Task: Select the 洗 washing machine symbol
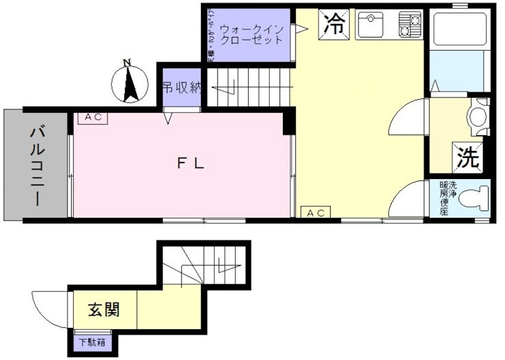click(x=468, y=158)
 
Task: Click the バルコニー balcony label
click(x=37, y=166)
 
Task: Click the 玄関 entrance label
click(x=104, y=309)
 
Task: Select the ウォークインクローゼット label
click(x=251, y=34)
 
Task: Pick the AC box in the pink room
click(x=94, y=117)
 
